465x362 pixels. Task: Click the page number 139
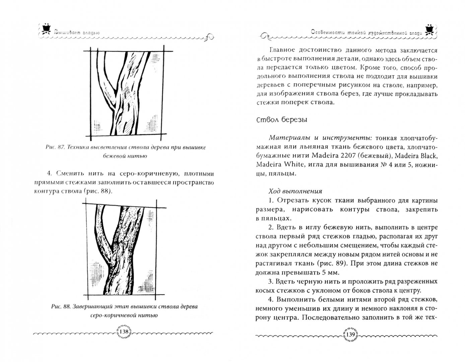point(350,340)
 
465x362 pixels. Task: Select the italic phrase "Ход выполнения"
point(295,191)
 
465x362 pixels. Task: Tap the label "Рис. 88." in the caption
point(61,307)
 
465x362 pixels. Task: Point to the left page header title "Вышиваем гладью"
point(77,33)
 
